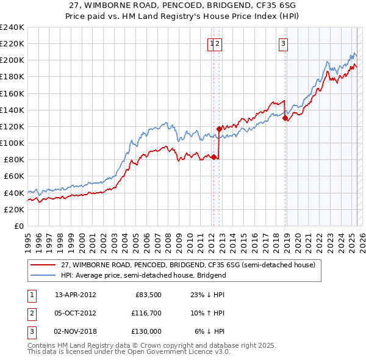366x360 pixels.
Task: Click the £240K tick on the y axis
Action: (12, 27)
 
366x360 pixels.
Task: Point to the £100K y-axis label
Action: (12, 143)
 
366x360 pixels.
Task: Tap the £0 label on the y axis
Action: (19, 226)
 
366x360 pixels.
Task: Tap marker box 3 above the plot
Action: (284, 43)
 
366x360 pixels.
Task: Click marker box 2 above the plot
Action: (218, 43)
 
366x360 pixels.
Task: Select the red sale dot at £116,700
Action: (219, 129)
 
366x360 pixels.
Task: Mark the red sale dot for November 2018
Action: (285, 118)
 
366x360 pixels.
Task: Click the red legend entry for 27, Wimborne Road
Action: (188, 265)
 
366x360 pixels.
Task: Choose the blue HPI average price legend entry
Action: (143, 275)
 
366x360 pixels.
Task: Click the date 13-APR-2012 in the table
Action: (75, 295)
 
